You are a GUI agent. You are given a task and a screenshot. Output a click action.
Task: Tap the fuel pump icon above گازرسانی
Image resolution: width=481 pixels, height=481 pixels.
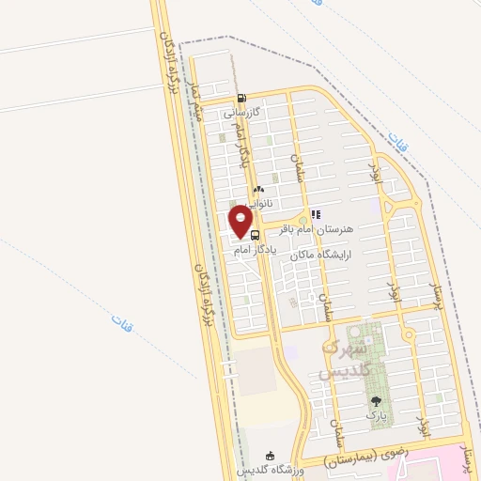[242, 98]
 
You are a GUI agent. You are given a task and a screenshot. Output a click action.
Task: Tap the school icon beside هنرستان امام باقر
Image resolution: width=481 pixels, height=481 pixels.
[316, 214]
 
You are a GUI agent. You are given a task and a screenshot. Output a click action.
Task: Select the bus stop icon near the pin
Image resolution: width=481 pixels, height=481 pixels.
[256, 235]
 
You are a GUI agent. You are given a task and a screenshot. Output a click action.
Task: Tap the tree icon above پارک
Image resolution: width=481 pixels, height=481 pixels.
[376, 401]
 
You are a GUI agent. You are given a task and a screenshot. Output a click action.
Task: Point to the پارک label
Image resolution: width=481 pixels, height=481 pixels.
[377, 415]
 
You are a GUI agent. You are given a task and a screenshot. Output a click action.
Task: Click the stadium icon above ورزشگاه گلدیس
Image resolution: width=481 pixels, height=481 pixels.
[272, 456]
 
